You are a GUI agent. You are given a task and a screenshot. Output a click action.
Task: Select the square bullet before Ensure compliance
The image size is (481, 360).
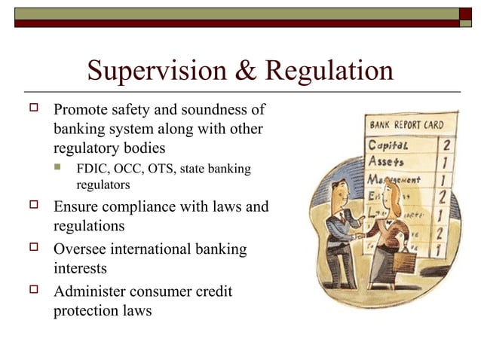[x=32, y=205]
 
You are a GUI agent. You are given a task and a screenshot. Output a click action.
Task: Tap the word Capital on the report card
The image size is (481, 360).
[x=388, y=144]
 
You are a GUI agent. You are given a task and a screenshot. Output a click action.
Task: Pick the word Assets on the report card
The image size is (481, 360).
[x=385, y=161]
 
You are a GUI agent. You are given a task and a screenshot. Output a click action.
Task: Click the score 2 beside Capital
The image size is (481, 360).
[x=446, y=144]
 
